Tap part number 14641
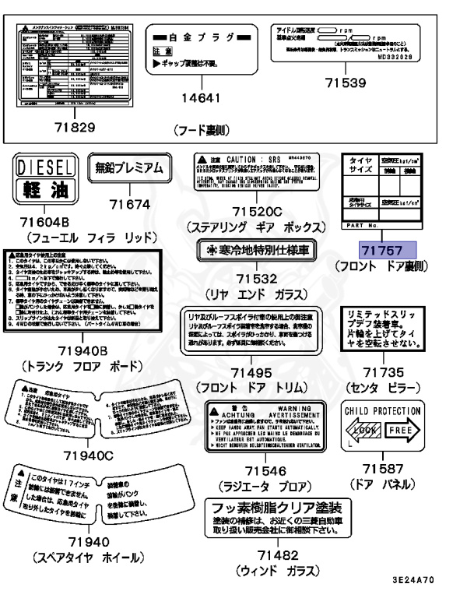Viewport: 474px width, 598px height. click(201, 99)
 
